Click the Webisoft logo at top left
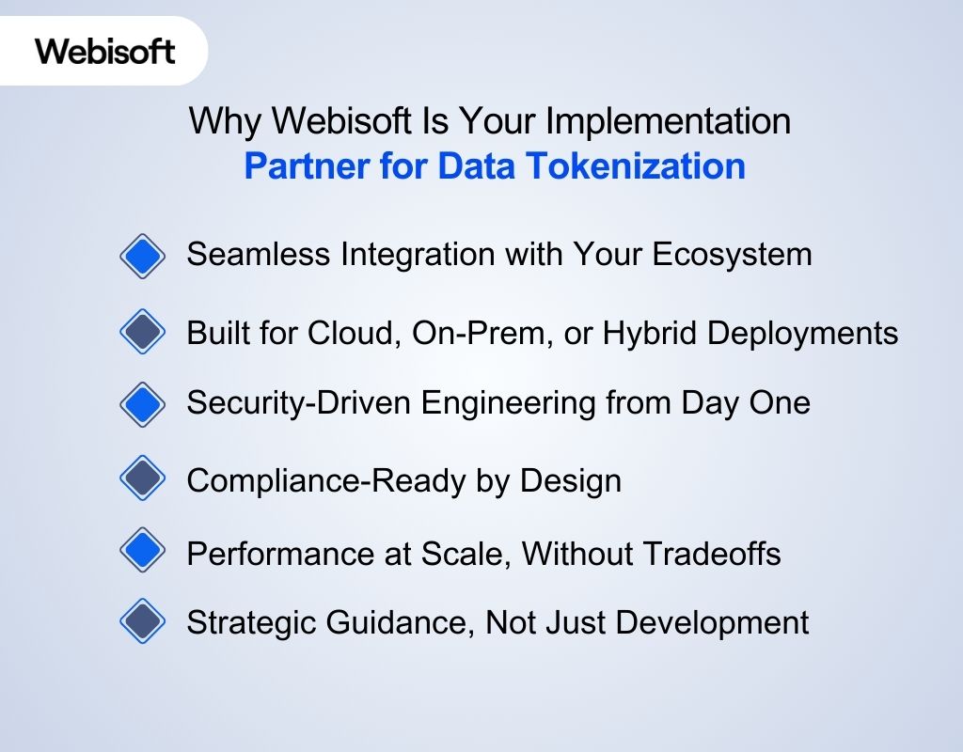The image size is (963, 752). click(x=105, y=51)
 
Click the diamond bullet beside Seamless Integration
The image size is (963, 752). click(x=143, y=256)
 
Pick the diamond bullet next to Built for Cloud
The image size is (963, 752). click(x=143, y=333)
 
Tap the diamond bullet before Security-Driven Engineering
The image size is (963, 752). click(x=143, y=404)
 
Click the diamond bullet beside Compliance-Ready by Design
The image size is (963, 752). click(x=143, y=479)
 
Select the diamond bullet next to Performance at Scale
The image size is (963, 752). click(x=143, y=551)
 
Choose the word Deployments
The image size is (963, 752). click(x=805, y=333)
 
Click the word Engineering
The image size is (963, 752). click(x=528, y=403)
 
